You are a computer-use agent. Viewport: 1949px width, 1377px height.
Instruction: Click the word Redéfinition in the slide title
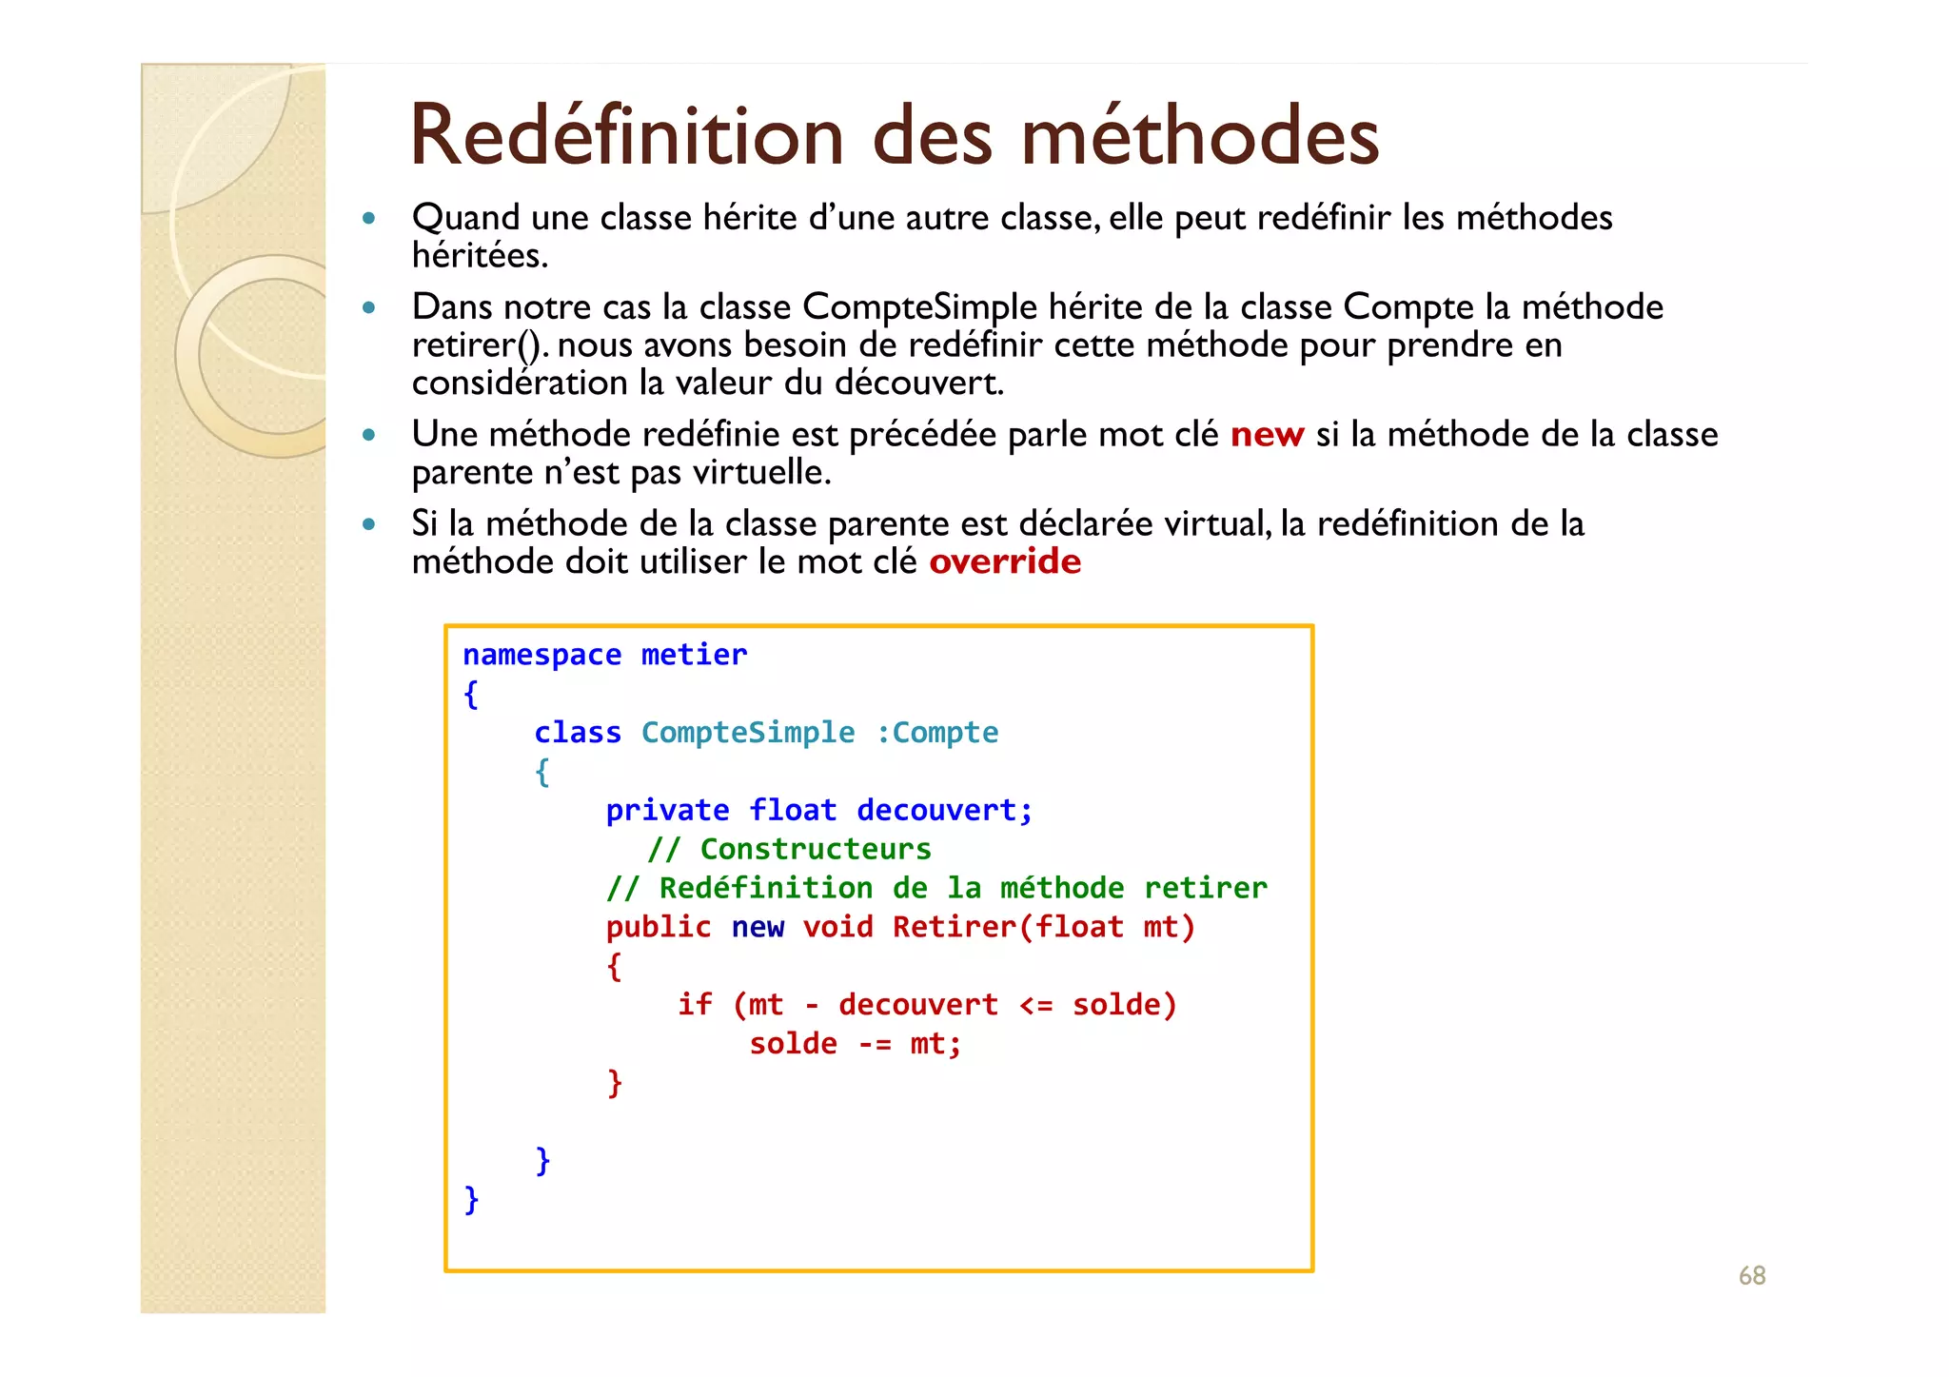[626, 136]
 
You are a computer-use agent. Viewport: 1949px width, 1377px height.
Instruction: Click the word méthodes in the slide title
[1200, 136]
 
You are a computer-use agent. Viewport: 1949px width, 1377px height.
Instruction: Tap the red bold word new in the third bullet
[1266, 435]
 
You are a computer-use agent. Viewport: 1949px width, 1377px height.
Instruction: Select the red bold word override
[1005, 562]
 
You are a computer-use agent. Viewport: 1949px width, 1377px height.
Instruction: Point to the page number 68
[1751, 1275]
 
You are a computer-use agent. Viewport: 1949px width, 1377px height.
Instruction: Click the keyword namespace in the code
[541, 655]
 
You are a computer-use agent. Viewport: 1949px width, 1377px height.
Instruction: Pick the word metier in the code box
[694, 655]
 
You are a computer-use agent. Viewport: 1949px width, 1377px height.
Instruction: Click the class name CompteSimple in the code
[748, 733]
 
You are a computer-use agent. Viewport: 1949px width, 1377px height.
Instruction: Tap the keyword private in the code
[667, 811]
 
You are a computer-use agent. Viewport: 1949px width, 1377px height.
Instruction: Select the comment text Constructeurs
[816, 849]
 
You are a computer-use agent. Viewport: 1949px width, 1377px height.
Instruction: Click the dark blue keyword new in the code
[758, 928]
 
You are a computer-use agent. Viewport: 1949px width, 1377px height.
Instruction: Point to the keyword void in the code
[837, 928]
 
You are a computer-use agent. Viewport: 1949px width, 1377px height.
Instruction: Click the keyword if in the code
[695, 1005]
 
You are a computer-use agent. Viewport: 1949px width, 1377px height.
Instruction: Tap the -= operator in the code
[874, 1045]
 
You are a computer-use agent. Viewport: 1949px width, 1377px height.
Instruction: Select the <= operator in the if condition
[1035, 1005]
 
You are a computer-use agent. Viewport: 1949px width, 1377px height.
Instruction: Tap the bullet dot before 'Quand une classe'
[369, 219]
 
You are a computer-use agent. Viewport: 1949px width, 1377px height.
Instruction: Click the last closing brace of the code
[471, 1200]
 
